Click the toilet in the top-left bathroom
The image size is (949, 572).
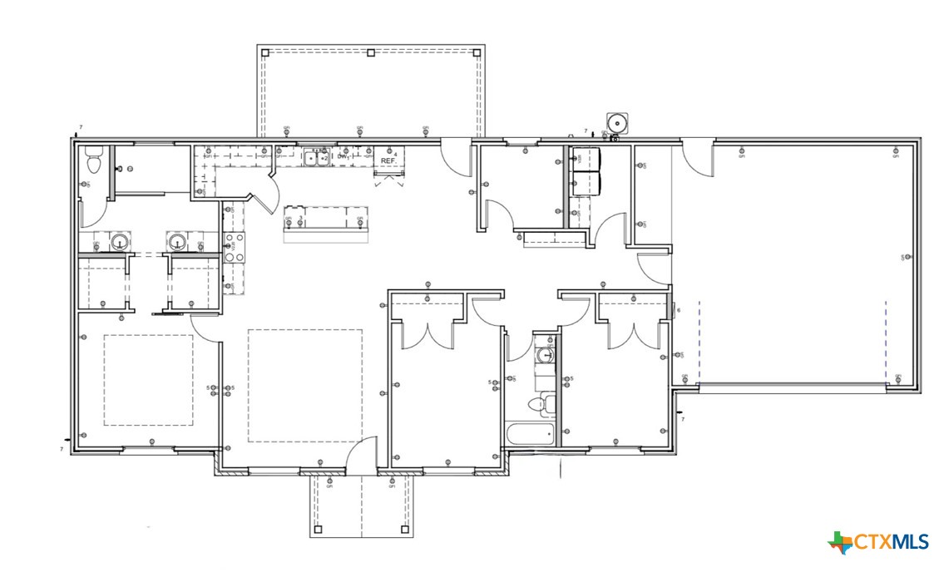pyautogui.click(x=92, y=160)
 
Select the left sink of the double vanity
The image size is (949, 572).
pyautogui.click(x=121, y=243)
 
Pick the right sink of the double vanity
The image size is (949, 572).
pyautogui.click(x=176, y=243)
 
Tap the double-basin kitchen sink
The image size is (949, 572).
pyautogui.click(x=316, y=157)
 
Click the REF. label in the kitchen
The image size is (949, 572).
pyautogui.click(x=388, y=160)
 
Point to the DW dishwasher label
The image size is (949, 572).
pyautogui.click(x=342, y=156)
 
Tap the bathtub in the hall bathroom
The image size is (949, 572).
pyautogui.click(x=530, y=434)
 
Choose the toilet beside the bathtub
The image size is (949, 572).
pyautogui.click(x=539, y=405)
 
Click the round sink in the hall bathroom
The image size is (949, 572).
pyautogui.click(x=546, y=355)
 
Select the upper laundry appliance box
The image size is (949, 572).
pyautogui.click(x=586, y=159)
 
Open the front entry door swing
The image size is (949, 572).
pyautogui.click(x=359, y=455)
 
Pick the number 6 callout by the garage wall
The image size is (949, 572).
pyautogui.click(x=679, y=311)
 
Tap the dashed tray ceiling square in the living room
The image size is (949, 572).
pyautogui.click(x=305, y=386)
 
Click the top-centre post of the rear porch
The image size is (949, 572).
pyautogui.click(x=370, y=52)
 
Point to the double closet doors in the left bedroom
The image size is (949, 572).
pyautogui.click(x=428, y=334)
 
